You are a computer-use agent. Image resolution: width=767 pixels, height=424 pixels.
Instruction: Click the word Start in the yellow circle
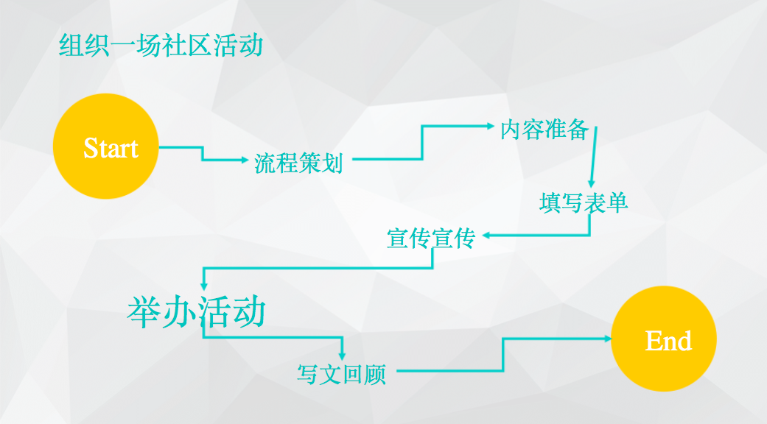(x=111, y=148)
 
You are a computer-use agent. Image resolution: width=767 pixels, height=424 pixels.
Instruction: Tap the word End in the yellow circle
(x=668, y=341)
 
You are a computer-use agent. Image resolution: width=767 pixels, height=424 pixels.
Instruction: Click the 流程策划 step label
(x=298, y=163)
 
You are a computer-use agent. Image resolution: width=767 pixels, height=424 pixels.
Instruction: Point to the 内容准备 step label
(x=544, y=130)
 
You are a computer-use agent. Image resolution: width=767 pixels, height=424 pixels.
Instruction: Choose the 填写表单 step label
(x=583, y=202)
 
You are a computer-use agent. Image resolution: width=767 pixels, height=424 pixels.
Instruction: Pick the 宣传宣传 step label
(x=431, y=238)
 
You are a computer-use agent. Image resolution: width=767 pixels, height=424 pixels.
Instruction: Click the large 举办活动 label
(x=196, y=312)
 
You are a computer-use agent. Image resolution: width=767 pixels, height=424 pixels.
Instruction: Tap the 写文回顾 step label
(x=341, y=374)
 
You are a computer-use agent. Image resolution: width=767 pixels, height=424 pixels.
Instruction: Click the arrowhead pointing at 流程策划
(x=246, y=160)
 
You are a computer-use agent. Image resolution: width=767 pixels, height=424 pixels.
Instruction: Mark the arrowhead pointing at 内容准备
(x=490, y=126)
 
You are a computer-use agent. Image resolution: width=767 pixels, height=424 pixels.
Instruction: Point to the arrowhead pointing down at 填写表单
(x=590, y=184)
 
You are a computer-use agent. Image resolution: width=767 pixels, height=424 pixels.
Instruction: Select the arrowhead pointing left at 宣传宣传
(x=487, y=236)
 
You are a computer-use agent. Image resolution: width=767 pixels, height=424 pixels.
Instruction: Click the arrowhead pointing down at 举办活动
(x=203, y=285)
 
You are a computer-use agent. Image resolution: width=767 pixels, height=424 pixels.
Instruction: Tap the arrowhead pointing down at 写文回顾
(x=343, y=356)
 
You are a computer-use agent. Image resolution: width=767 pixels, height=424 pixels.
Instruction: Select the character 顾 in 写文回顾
(x=374, y=374)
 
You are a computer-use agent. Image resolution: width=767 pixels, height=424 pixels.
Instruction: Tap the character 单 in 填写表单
(x=617, y=202)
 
